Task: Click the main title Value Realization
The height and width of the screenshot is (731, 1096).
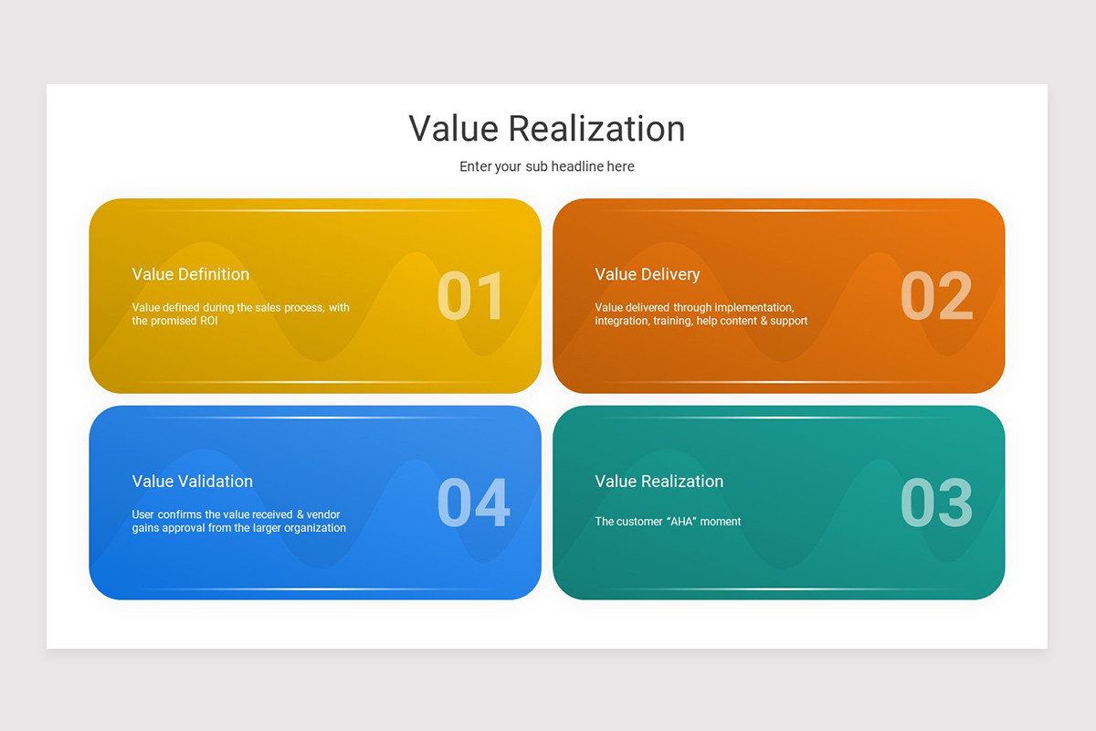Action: [x=546, y=129]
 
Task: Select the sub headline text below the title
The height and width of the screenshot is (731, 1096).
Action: [x=546, y=166]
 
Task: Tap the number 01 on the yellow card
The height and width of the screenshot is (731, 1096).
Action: [x=470, y=297]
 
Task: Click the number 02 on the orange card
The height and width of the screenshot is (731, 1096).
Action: [x=936, y=297]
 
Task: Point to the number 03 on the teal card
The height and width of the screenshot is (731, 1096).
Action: [x=936, y=503]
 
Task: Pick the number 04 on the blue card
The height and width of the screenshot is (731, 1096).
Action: [x=473, y=503]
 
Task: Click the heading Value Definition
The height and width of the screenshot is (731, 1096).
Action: [x=190, y=274]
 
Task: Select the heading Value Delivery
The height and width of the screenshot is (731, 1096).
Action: [x=647, y=274]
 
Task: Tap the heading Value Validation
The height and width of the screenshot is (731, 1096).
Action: [x=192, y=482]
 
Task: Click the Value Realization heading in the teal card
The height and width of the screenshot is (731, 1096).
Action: [x=659, y=482]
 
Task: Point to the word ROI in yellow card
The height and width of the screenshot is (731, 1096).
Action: [x=208, y=322]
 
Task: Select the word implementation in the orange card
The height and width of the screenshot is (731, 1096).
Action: [x=753, y=308]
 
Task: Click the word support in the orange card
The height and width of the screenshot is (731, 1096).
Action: [x=789, y=322]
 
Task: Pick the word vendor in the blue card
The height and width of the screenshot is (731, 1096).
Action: [x=323, y=514]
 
